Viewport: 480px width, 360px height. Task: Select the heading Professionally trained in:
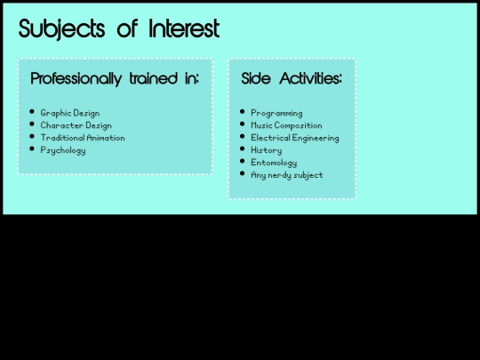pyautogui.click(x=115, y=79)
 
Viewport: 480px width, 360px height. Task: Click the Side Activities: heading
pyautogui.click(x=292, y=79)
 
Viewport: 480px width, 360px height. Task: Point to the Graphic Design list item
pyautogui.click(x=69, y=114)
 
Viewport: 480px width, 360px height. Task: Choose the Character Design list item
pyautogui.click(x=76, y=126)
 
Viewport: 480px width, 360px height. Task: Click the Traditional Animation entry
pyautogui.click(x=83, y=138)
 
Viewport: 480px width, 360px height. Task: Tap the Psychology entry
pyautogui.click(x=63, y=150)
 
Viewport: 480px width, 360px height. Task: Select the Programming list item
pyautogui.click(x=276, y=114)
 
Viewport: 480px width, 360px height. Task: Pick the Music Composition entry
pyautogui.click(x=286, y=126)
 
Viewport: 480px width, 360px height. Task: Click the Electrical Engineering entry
pyautogui.click(x=294, y=138)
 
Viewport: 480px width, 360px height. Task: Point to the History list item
pyautogui.click(x=267, y=150)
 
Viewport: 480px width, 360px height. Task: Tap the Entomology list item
pyautogui.click(x=274, y=163)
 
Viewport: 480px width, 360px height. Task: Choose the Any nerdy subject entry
pyautogui.click(x=286, y=175)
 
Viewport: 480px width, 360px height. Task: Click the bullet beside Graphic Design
pyautogui.click(x=32, y=112)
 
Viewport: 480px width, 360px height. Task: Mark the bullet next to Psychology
pyautogui.click(x=32, y=149)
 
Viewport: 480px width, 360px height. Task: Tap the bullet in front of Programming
pyautogui.click(x=243, y=112)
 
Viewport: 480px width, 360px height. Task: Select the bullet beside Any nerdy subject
pyautogui.click(x=243, y=174)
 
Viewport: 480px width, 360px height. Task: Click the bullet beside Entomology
pyautogui.click(x=243, y=162)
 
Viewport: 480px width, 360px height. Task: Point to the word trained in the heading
pyautogui.click(x=148, y=79)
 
